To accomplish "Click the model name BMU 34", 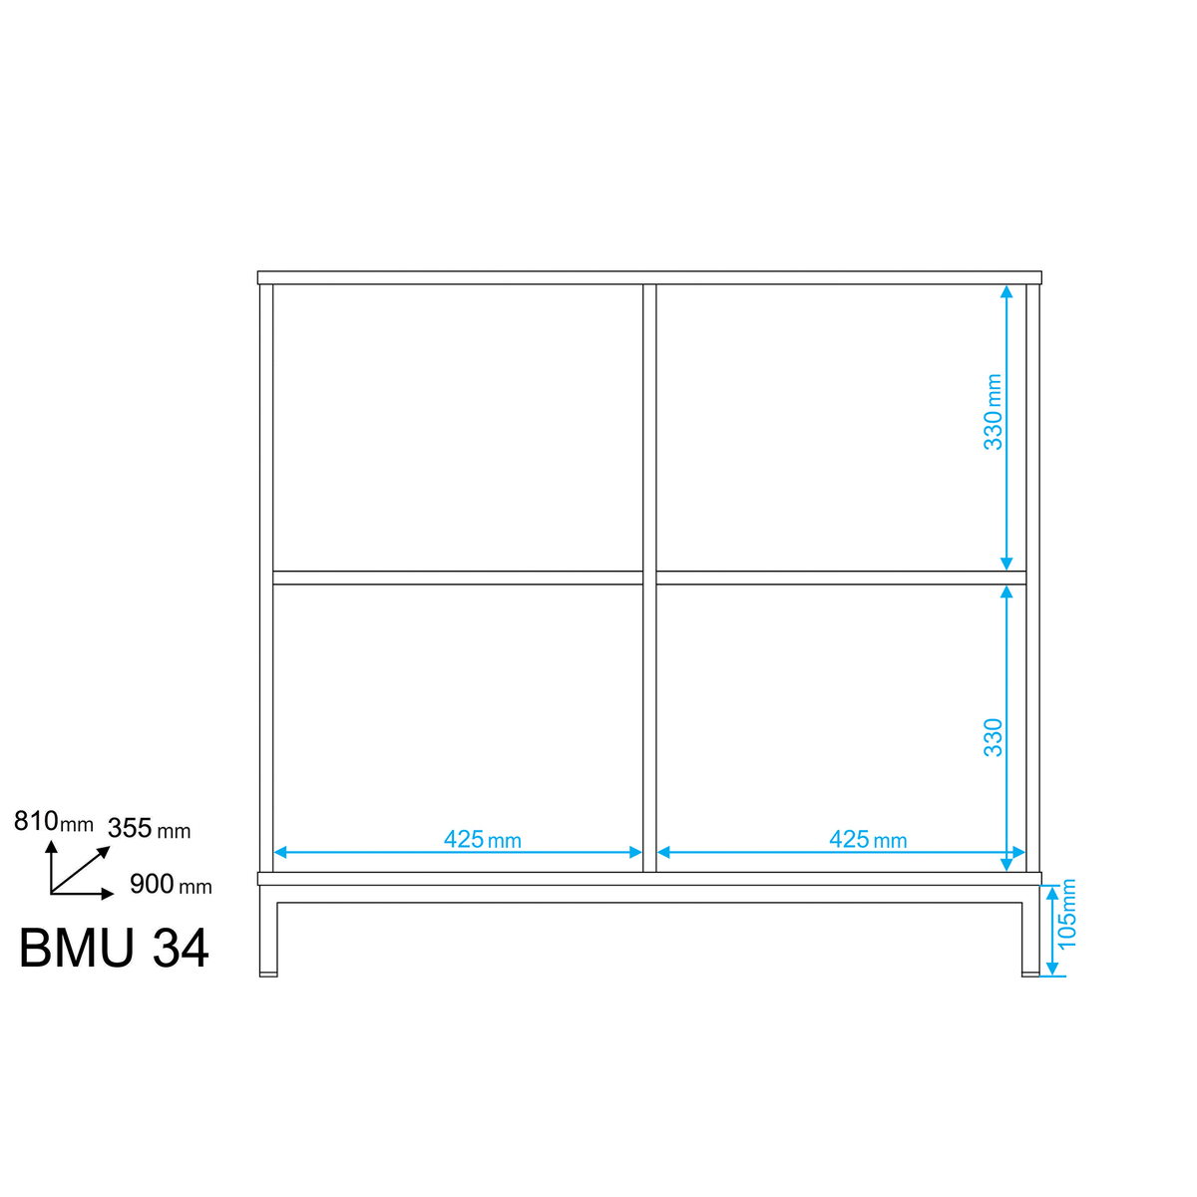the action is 114,948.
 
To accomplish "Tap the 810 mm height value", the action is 54,821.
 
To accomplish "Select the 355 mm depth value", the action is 149,829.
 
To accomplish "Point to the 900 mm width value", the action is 171,884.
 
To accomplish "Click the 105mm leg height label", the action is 1066,915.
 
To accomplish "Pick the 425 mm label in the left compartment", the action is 483,839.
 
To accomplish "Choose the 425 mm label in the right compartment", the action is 868,839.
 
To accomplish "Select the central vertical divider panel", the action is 649,578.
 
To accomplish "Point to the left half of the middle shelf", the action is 458,578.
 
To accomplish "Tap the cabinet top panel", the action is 649,277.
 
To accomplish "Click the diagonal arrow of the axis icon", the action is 80,870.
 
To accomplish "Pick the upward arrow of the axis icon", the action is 52,867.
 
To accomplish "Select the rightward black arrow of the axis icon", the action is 82,895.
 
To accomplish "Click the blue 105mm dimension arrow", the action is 1052,931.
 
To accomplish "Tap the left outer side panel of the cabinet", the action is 266,578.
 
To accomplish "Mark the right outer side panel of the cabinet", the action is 1032,578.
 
